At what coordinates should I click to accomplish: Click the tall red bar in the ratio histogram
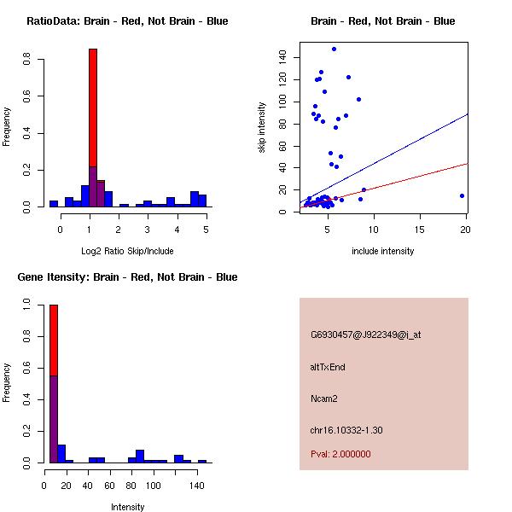coord(93,102)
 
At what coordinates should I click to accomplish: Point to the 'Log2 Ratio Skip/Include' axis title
coord(126,250)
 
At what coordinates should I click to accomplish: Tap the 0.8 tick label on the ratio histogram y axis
coord(28,61)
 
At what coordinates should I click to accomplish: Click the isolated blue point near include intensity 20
coord(462,195)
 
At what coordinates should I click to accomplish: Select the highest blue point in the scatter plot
coord(334,49)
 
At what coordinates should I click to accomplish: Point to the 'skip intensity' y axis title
coord(263,128)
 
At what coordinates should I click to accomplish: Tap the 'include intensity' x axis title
coord(383,251)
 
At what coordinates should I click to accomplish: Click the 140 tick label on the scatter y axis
coord(282,57)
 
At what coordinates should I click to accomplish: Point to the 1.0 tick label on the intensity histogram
coord(28,304)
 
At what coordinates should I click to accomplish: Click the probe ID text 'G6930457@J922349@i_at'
coord(365,335)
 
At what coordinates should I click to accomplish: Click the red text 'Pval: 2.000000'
coord(340,454)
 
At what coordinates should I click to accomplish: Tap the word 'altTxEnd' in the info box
coord(328,367)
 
